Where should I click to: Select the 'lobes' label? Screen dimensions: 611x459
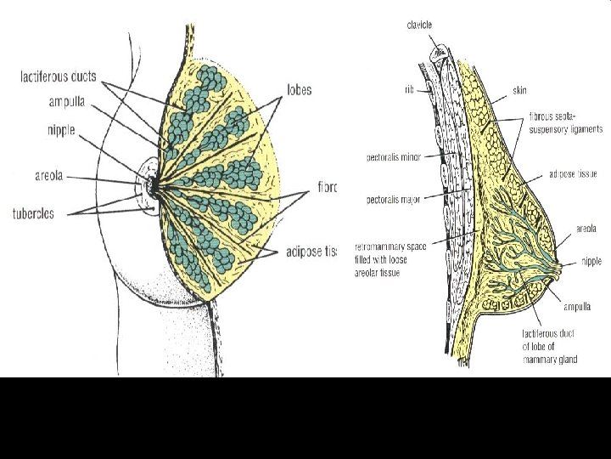299,88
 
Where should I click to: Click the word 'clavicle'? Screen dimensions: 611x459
418,25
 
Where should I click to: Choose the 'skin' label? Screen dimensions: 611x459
519,88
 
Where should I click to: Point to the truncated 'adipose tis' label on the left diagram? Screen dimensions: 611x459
311,252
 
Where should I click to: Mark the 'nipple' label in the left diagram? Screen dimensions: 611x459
61,130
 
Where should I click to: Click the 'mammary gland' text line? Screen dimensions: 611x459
551,360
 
